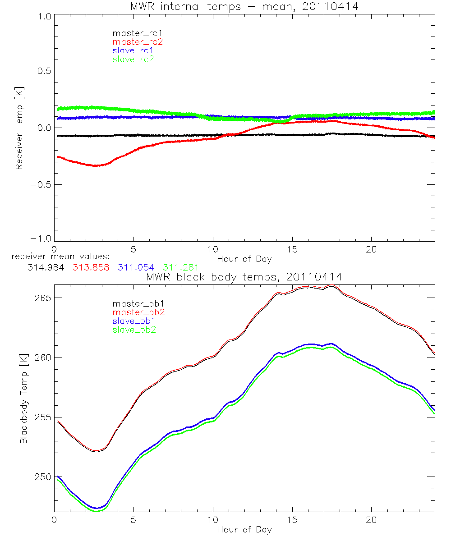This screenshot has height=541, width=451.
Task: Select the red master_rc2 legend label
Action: coord(138,42)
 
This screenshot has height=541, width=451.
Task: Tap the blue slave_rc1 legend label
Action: coord(133,50)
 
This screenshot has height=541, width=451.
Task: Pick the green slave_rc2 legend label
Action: coord(133,59)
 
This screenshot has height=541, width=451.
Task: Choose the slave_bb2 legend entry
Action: coord(135,330)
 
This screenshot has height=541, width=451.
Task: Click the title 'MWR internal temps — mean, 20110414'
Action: coord(245,6)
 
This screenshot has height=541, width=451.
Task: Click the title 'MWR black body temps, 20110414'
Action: coord(244,277)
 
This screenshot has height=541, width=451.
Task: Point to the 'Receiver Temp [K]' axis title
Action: coord(19,128)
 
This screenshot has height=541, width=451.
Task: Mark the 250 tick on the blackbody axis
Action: coord(43,477)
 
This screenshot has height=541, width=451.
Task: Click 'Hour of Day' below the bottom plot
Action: coord(244,529)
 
